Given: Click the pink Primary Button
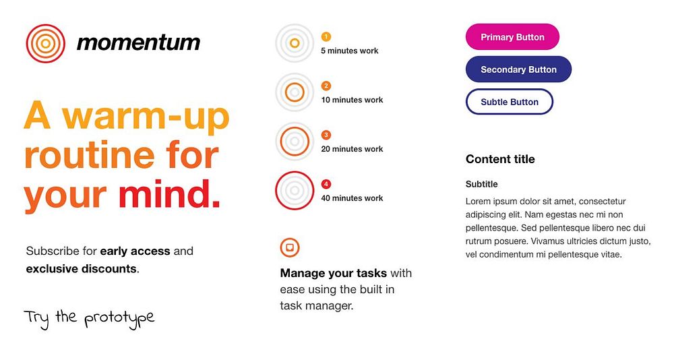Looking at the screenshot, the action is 512,37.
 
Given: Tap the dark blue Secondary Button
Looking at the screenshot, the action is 518,69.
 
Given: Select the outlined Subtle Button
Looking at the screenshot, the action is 510,102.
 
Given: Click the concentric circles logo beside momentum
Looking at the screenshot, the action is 46,43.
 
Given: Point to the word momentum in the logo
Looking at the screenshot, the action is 138,42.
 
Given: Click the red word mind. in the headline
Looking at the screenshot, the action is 169,194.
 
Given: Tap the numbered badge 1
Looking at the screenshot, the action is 326,37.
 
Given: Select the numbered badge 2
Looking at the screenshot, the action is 326,86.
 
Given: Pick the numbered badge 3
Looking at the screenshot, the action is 326,135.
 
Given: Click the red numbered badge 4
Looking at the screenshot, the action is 326,184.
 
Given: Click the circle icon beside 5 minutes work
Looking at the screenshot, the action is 295,43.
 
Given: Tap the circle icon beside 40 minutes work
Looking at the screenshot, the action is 295,191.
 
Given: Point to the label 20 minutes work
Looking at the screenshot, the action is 352,149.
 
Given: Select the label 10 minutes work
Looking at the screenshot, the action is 352,100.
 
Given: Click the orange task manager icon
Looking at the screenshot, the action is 290,247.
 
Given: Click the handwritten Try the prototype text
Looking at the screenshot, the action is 89,319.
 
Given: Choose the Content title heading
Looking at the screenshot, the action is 500,159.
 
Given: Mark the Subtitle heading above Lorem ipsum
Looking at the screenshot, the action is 481,184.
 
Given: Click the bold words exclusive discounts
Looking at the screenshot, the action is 82,269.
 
